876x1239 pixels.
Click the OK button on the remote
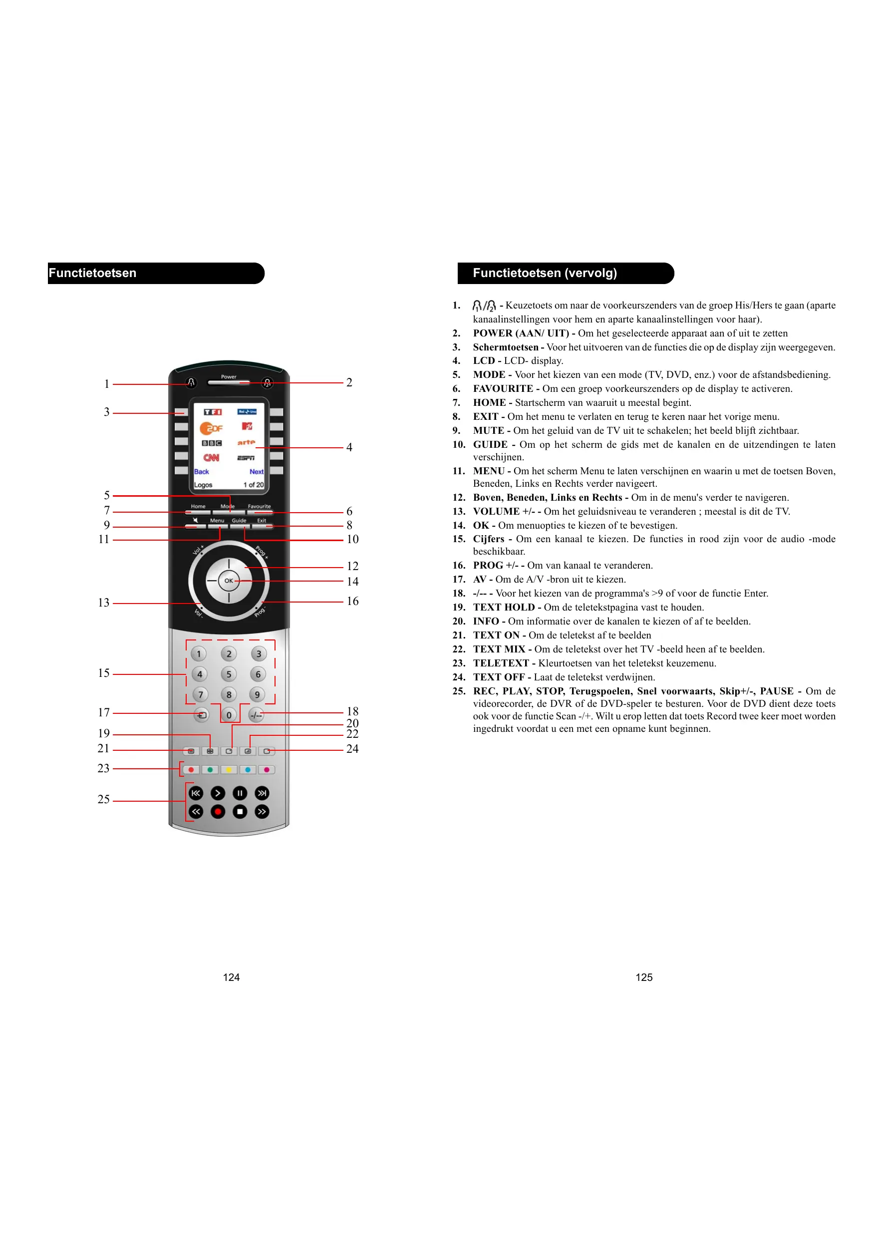point(229,581)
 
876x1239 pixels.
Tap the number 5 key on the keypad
point(229,674)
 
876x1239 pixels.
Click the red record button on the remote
point(218,812)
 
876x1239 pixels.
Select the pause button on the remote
point(240,793)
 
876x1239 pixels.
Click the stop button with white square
point(240,812)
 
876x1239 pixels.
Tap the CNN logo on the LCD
point(211,458)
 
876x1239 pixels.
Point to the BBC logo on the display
point(212,443)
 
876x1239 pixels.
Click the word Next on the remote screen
point(257,472)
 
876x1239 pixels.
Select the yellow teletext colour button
point(229,770)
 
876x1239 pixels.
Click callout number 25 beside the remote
point(104,799)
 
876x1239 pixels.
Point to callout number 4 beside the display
point(349,447)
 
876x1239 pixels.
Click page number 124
point(231,977)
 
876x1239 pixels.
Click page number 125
point(644,977)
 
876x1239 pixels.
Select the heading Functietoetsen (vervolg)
point(545,273)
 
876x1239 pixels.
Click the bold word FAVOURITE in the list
point(503,388)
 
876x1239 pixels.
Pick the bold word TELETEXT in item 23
point(501,663)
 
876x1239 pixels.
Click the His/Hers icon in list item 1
point(484,306)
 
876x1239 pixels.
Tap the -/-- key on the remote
point(256,715)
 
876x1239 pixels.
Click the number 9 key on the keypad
point(258,694)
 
